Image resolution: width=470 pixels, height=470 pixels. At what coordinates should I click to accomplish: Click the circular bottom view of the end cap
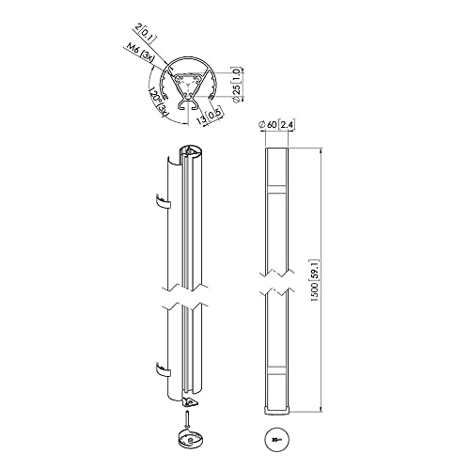click(277, 437)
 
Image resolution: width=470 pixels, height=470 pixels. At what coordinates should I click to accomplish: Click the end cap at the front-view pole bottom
click(277, 406)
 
